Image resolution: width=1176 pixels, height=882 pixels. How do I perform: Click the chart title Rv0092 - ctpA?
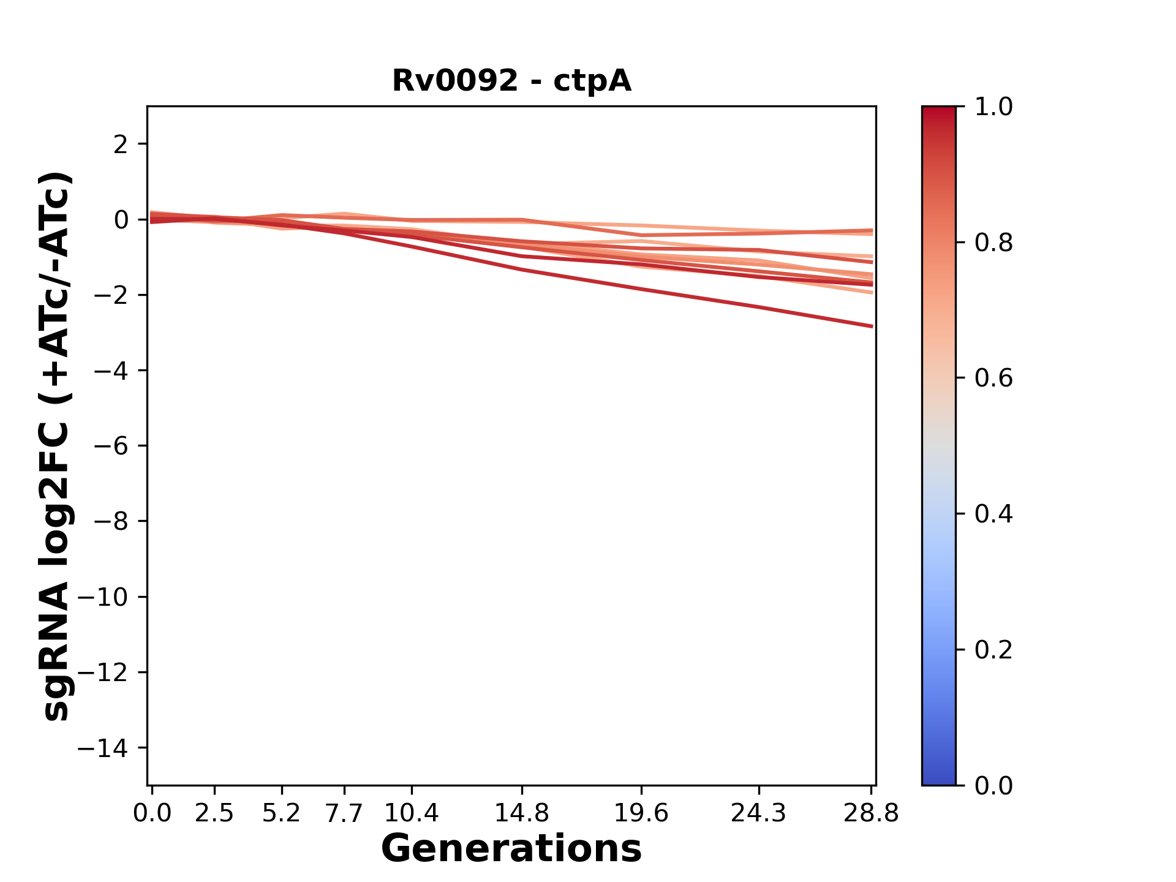point(511,81)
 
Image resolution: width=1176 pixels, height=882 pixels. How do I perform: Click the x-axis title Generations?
point(511,849)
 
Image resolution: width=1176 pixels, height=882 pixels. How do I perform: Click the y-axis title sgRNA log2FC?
point(56,446)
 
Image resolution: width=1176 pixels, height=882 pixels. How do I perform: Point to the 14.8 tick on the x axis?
point(521,813)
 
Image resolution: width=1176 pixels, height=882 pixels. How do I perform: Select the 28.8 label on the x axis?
point(871,813)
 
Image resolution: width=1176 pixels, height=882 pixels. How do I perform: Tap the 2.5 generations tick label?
point(214,813)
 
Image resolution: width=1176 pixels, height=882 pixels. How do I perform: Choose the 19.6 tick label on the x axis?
point(641,813)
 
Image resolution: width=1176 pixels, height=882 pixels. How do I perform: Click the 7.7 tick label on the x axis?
point(344,813)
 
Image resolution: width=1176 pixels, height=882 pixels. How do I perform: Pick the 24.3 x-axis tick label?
point(759,813)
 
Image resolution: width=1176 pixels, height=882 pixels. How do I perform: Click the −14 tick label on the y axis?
point(102,748)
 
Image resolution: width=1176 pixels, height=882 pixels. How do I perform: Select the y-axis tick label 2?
point(121,145)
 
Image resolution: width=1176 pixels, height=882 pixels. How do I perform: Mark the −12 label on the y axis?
point(102,673)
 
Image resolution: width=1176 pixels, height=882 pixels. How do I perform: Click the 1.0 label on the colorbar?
point(993,107)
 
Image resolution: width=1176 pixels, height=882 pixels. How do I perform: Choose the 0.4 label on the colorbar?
point(993,514)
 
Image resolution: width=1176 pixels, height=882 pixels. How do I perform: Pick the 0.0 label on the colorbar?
point(993,785)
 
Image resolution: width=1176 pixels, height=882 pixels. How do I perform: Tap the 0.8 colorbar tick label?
point(993,243)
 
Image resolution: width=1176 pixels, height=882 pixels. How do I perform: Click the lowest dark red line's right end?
point(871,326)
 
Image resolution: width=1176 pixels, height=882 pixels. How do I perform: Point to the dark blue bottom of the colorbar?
point(938,778)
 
